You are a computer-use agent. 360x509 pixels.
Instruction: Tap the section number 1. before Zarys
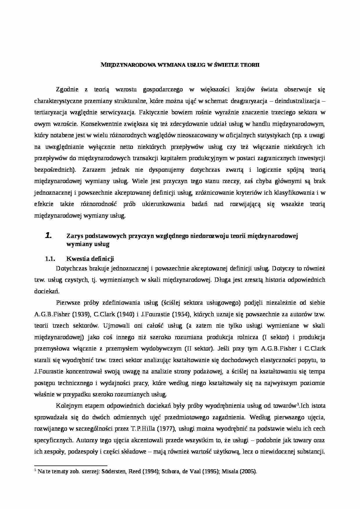(x=48, y=236)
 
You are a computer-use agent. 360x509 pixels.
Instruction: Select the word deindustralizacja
(x=297, y=101)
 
